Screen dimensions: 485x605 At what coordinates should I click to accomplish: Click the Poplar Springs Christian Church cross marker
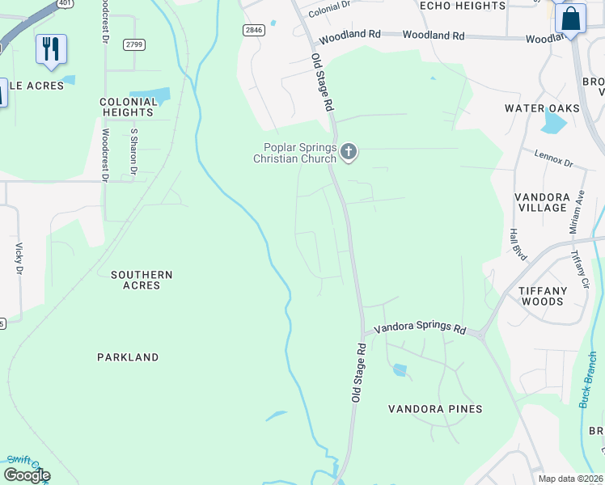pos(349,152)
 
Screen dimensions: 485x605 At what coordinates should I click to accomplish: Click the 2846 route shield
pos(253,29)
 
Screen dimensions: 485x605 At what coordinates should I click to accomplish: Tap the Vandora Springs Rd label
pos(419,330)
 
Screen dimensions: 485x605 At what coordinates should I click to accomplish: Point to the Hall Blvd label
pos(518,244)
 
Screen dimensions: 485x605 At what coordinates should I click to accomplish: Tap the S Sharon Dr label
pos(134,150)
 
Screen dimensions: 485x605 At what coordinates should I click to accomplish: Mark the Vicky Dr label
pos(18,258)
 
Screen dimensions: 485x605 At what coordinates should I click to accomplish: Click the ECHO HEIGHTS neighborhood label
pos(463,6)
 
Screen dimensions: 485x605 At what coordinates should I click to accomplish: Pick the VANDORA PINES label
pos(435,409)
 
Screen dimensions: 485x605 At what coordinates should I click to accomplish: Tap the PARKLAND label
pos(128,356)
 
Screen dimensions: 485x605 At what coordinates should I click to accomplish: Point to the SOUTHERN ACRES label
pos(142,280)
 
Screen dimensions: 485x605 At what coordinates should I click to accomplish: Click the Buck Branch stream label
pos(588,378)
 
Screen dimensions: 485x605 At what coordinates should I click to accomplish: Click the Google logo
pos(27,474)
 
